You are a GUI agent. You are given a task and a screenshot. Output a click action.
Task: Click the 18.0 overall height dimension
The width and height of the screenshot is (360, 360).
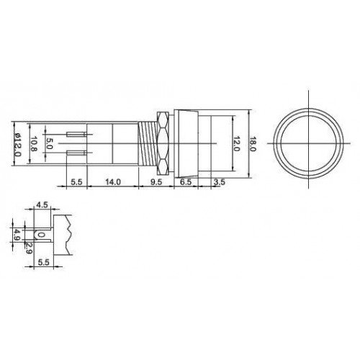tap(251, 145)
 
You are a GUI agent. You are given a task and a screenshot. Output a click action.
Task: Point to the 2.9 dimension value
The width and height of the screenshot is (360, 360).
tap(28, 248)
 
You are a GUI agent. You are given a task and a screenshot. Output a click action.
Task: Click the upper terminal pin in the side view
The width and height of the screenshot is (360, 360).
tap(74, 135)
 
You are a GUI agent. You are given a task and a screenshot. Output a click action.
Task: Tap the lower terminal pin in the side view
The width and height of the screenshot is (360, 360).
tap(74, 153)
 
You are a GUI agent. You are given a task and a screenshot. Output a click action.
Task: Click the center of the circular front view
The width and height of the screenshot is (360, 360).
tap(309, 145)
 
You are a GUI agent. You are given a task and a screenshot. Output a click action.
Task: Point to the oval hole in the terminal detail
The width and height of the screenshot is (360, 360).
tap(42, 235)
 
